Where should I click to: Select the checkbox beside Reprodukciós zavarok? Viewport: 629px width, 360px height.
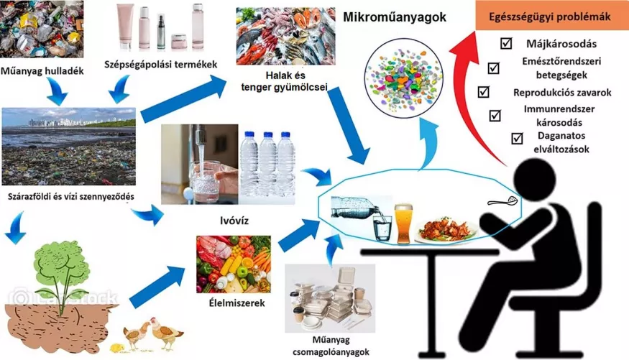(483, 92)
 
